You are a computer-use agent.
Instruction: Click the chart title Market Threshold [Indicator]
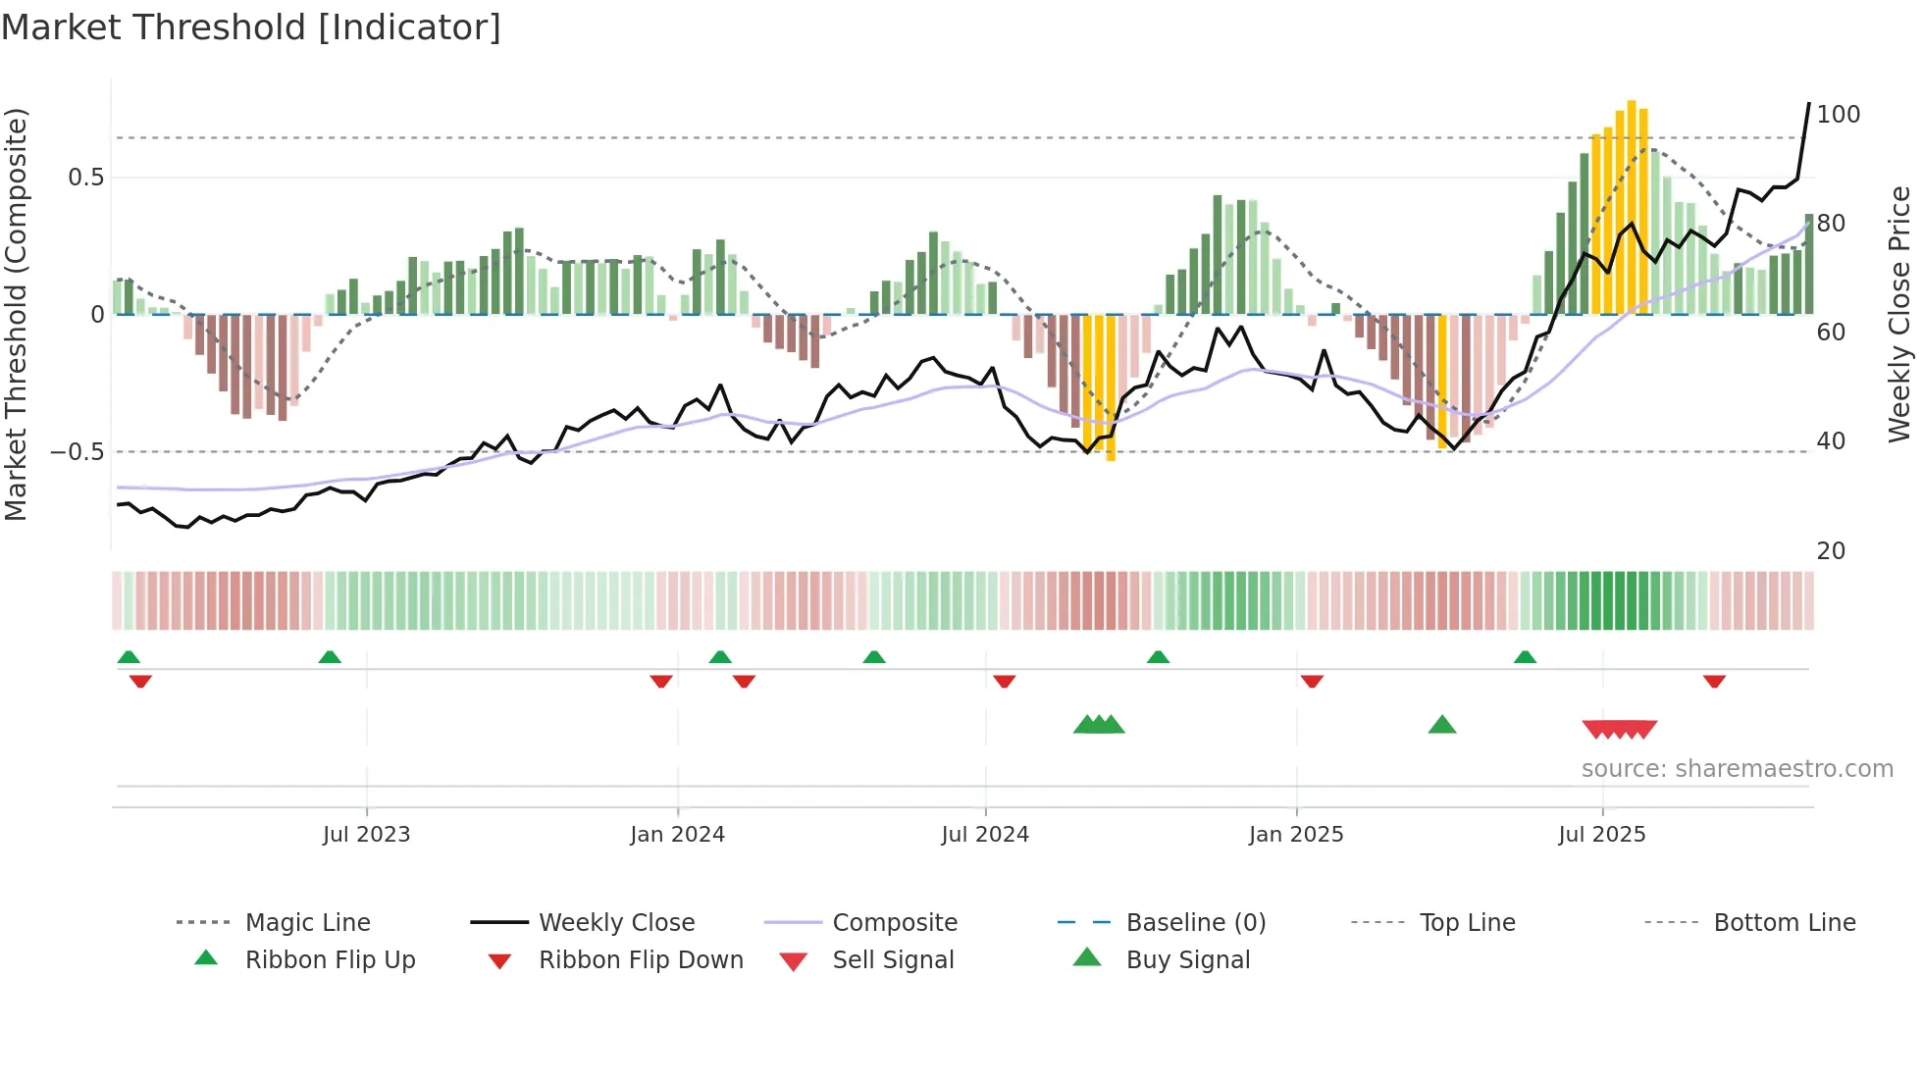251,27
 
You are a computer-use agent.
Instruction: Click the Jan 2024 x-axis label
677,835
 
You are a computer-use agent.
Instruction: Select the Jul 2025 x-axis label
1601,835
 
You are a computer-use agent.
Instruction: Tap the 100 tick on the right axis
1838,115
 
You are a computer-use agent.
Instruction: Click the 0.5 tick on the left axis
85,178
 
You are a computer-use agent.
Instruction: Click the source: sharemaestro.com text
1737,769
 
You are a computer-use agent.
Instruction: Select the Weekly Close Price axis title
1899,314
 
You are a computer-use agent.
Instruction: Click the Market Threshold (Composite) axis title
16,314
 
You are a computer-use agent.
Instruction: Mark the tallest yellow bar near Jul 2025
1631,206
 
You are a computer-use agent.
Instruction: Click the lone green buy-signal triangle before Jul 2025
1441,726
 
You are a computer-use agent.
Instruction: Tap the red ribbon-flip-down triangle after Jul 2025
1714,681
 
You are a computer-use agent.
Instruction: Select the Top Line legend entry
1466,923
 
